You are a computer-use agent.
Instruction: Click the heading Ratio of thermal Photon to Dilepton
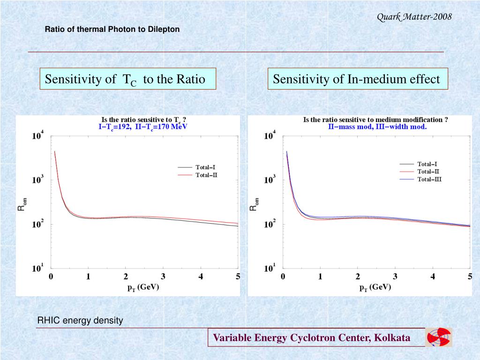[112, 29]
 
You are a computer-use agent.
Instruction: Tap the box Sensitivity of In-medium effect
[358, 79]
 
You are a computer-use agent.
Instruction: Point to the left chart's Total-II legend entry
[206, 175]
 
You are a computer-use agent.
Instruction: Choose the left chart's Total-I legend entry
[205, 167]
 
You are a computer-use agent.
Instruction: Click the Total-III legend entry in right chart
[429, 179]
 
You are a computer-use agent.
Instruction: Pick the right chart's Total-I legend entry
[427, 164]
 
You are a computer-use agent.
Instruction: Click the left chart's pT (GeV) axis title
[143, 288]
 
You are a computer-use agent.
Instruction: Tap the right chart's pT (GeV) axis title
[375, 288]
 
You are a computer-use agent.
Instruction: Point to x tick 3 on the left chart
[163, 277]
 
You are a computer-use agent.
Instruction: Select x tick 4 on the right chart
[433, 277]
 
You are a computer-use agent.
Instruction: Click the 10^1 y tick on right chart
[270, 269]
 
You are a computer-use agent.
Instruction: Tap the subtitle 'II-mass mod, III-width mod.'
[377, 127]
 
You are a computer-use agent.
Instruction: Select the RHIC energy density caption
[80, 321]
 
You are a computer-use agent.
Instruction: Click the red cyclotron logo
[439, 337]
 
